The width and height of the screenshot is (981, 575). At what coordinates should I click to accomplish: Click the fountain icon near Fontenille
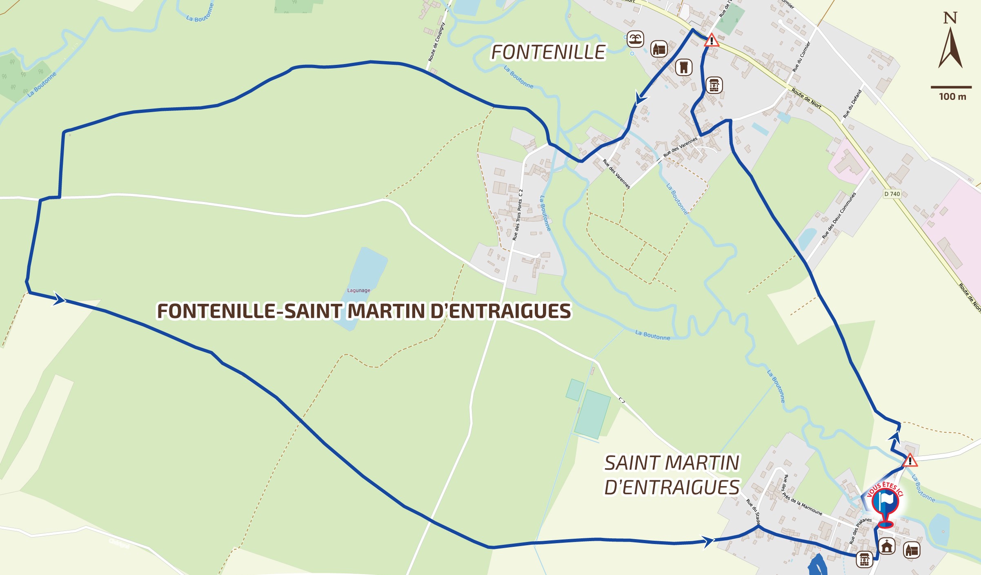635,39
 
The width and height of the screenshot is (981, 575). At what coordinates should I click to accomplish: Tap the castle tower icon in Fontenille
684,67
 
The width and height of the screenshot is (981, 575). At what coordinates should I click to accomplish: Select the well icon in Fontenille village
714,85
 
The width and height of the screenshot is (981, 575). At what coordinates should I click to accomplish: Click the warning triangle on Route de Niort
711,41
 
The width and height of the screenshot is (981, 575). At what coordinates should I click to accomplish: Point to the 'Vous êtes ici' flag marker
885,502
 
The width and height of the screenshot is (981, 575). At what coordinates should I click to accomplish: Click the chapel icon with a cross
887,546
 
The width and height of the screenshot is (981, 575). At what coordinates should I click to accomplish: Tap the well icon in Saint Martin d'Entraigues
864,559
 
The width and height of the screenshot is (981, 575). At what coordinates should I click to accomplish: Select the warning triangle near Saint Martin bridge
910,461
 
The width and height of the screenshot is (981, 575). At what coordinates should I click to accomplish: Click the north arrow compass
950,43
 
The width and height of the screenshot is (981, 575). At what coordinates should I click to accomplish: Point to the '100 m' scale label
952,97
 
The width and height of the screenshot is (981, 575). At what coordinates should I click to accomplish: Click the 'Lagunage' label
358,290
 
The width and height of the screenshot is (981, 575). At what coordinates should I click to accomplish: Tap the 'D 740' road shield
892,194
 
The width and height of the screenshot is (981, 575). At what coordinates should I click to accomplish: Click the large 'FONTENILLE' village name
548,52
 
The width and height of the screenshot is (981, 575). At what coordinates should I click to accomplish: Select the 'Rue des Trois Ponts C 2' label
518,215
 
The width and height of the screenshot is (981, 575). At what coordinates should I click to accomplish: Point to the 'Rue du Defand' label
852,104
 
